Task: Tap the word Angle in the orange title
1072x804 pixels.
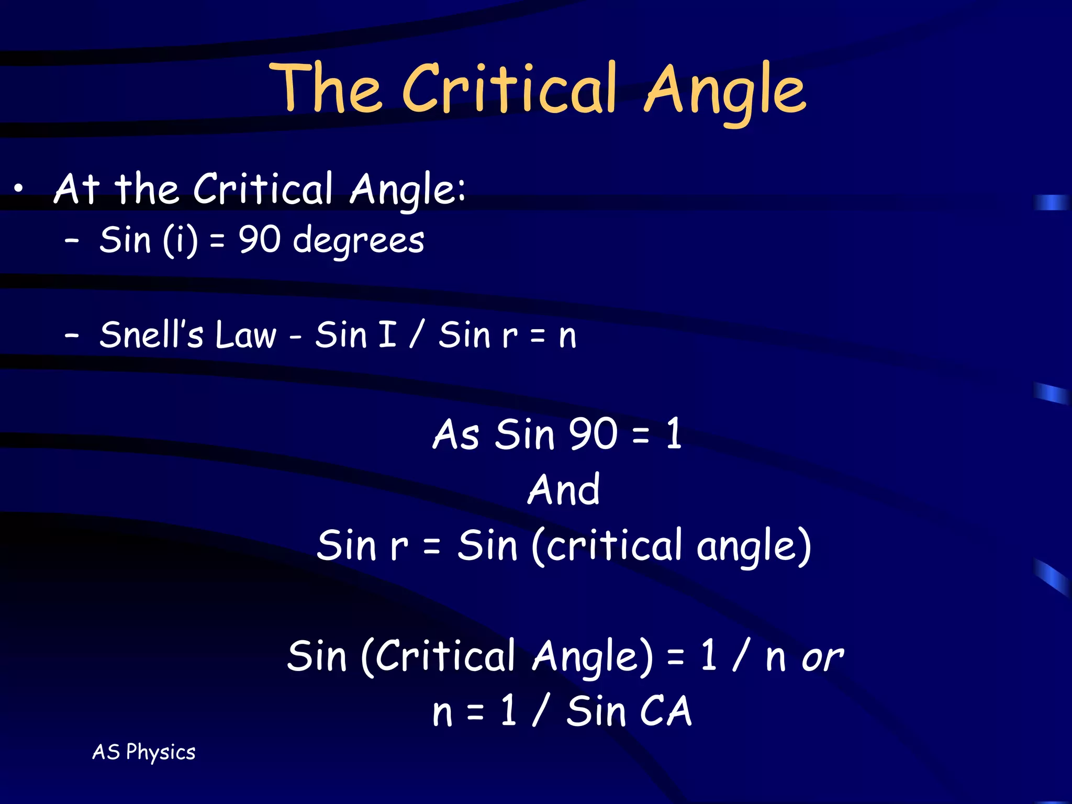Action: pyautogui.click(x=725, y=92)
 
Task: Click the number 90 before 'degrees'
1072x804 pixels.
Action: pyautogui.click(x=260, y=240)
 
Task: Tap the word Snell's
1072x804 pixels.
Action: pyautogui.click(x=151, y=335)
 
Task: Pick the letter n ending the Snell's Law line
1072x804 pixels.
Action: pyautogui.click(x=567, y=336)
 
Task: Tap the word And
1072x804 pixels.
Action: pyautogui.click(x=564, y=490)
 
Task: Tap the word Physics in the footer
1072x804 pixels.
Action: pyautogui.click(x=161, y=753)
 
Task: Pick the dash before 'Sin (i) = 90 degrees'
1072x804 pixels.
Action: pyautogui.click(x=72, y=241)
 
